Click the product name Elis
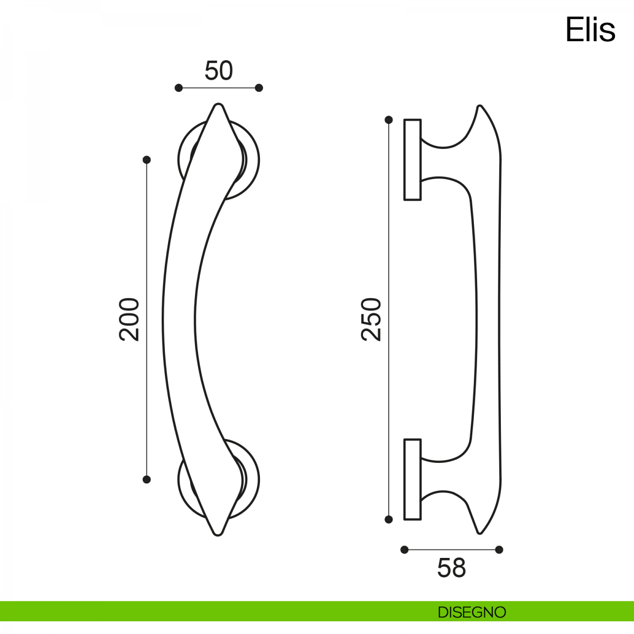coord(590,30)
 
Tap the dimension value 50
coord(218,71)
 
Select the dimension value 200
coord(129,319)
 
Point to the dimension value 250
coord(371,319)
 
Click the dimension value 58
coord(451,568)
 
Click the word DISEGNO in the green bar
coord(472,612)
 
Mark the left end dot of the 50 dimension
coord(179,88)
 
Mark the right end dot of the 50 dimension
coord(259,88)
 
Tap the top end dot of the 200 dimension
coord(147,160)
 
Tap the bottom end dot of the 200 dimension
coord(147,479)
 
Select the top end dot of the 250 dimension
coord(389,120)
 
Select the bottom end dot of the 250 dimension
coord(389,519)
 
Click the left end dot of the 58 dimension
coord(405,549)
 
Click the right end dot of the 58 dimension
coord(499,549)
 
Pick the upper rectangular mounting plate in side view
coord(413,160)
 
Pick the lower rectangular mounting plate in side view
coord(413,479)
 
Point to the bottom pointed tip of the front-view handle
coord(218,534)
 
